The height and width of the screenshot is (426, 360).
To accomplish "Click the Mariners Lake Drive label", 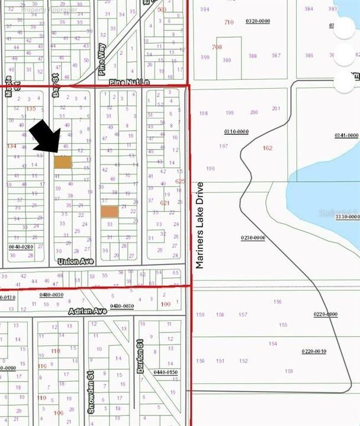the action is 200,225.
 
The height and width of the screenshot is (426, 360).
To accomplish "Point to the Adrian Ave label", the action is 86,311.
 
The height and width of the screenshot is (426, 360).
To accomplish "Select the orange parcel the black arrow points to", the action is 63,162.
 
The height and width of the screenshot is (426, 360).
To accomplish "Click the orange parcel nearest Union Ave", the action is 109,211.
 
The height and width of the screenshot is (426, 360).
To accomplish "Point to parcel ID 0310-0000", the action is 236,131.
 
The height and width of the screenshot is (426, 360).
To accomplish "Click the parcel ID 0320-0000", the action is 258,21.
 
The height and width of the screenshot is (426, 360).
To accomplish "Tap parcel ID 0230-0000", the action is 253,237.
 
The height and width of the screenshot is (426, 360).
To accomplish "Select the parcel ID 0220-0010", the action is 313,351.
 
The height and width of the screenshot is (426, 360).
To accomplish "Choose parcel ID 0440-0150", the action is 166,372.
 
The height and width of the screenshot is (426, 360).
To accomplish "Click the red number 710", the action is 229,22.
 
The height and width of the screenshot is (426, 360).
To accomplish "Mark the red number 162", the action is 267,148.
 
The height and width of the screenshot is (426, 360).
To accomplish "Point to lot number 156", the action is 278,302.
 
